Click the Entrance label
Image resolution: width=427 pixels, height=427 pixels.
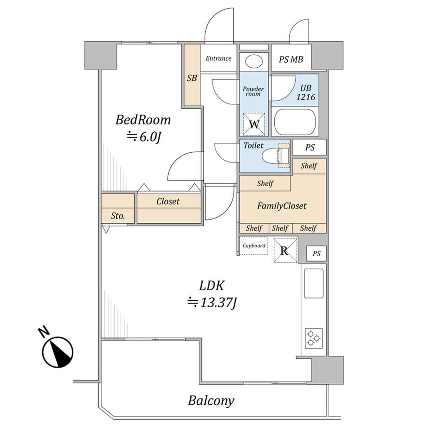point(219,58)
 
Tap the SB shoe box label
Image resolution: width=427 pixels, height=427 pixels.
point(192,78)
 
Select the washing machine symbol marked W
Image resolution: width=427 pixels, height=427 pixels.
point(254,124)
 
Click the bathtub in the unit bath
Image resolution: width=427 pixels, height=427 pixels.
point(295,122)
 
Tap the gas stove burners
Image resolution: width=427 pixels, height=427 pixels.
point(313,338)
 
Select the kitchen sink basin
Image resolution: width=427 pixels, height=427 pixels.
point(314,284)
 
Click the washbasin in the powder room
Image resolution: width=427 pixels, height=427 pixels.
point(254,62)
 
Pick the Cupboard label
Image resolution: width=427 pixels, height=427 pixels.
point(254,246)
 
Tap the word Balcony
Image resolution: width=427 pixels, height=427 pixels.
point(211,401)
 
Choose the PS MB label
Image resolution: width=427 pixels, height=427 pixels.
point(291,59)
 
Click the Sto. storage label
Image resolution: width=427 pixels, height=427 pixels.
point(118,216)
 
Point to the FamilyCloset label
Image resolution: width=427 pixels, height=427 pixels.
point(282,206)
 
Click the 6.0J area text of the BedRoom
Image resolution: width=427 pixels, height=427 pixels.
point(144,137)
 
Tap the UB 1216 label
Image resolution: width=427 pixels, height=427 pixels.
point(305,92)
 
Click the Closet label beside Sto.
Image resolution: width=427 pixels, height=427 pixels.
point(168,201)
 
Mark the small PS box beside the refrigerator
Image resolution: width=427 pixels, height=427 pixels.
point(316,253)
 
